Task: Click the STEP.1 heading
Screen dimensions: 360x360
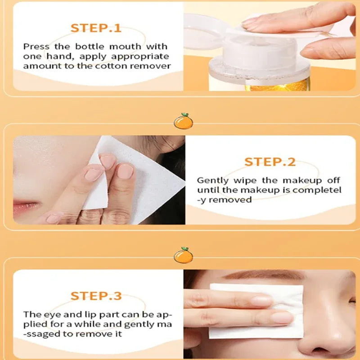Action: [x=96, y=28]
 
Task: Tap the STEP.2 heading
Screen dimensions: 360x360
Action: [x=270, y=162]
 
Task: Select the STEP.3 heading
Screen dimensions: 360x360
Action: [x=96, y=296]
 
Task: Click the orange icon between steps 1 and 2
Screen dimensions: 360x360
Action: [x=183, y=121]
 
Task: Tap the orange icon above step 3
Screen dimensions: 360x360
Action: [x=183, y=255]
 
